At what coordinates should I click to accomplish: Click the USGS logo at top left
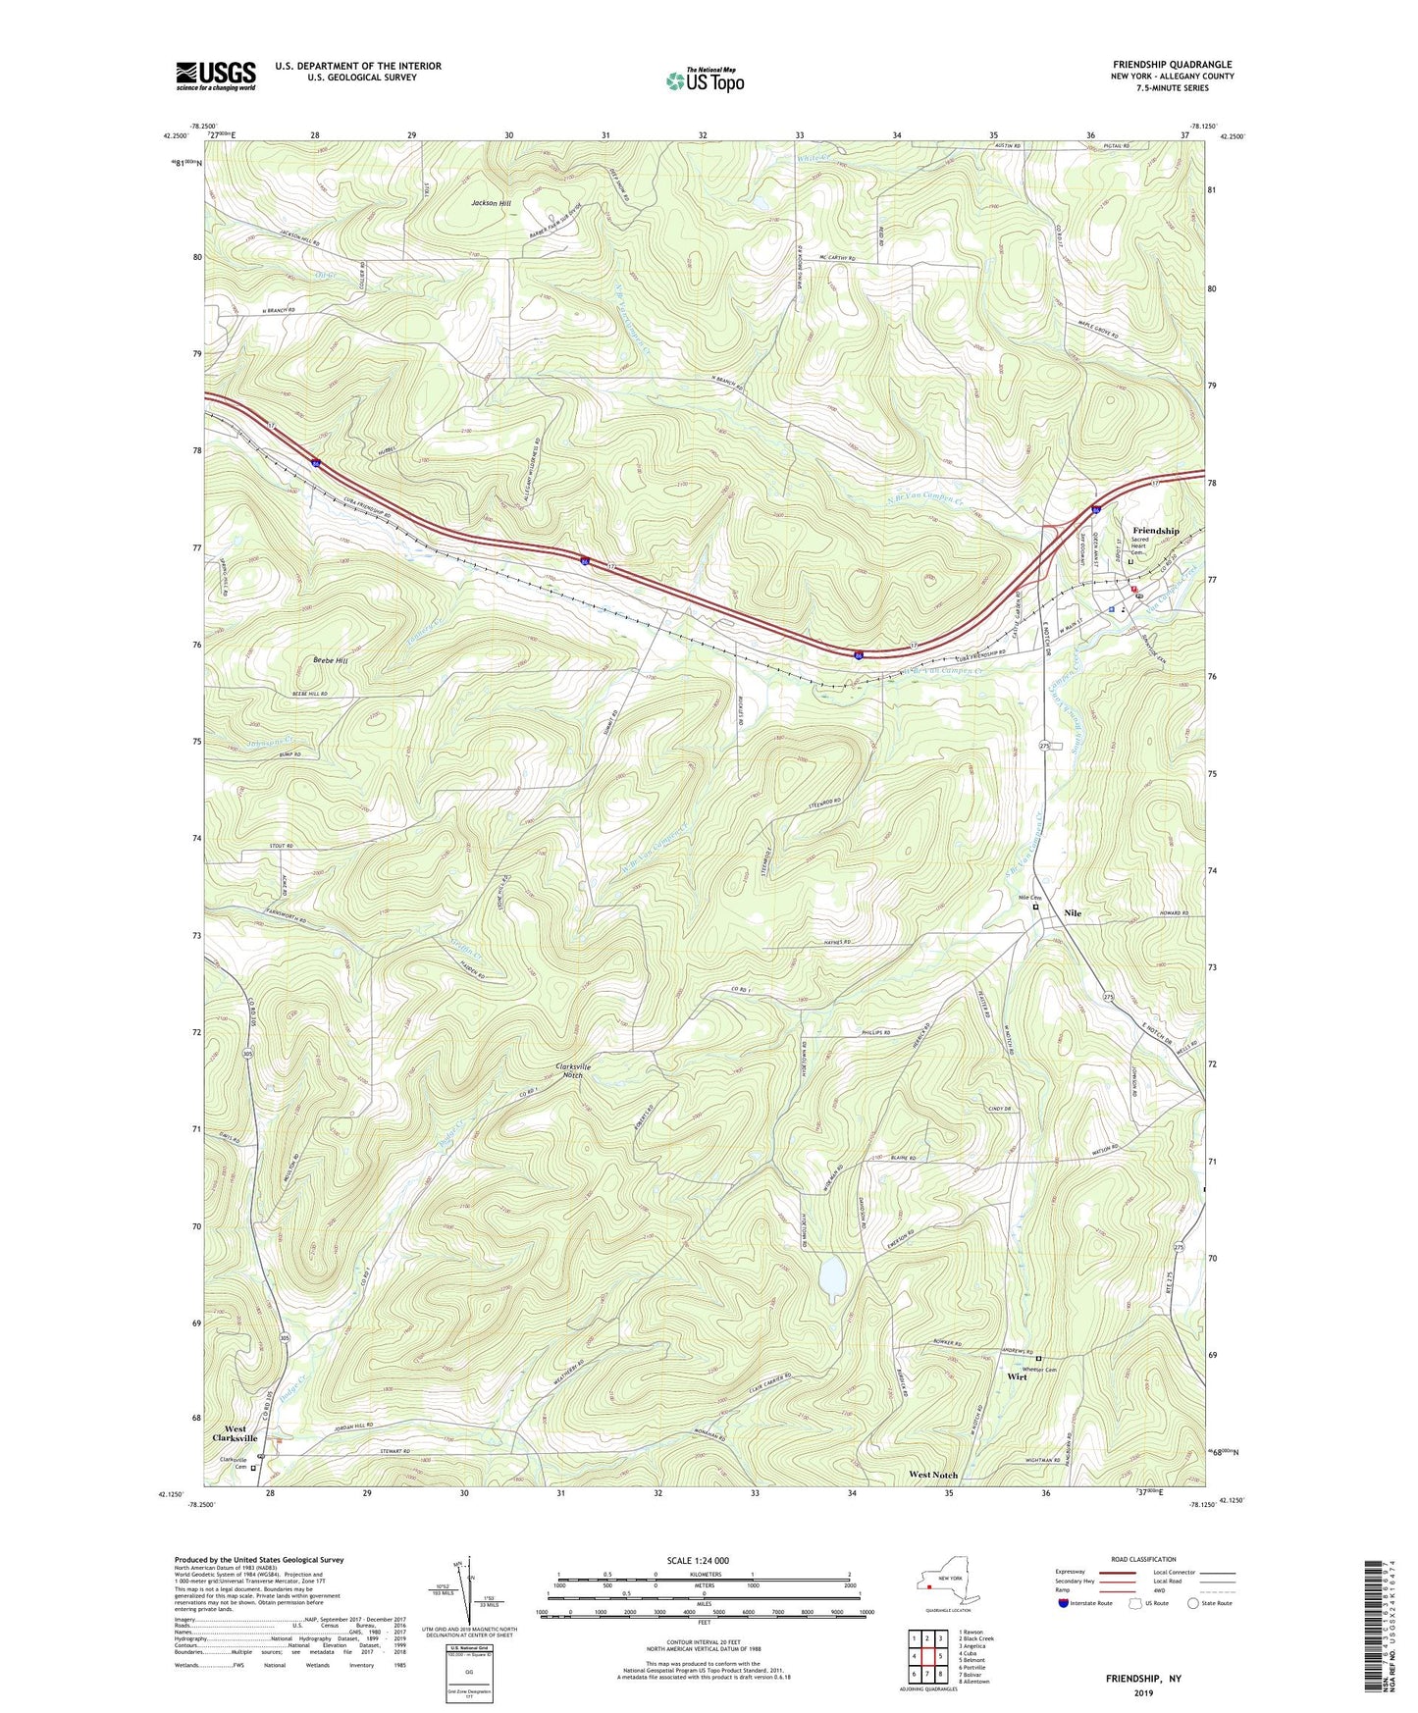[x=216, y=76]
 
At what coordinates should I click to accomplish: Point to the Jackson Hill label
[x=491, y=203]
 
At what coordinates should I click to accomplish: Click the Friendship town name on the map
[x=1156, y=531]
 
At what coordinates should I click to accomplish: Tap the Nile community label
[x=1073, y=913]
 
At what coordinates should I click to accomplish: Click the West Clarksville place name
[x=235, y=1433]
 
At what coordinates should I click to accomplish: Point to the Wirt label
[x=1017, y=1377]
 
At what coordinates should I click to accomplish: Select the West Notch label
[x=932, y=1475]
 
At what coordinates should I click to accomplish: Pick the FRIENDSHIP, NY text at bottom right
[x=1143, y=1679]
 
